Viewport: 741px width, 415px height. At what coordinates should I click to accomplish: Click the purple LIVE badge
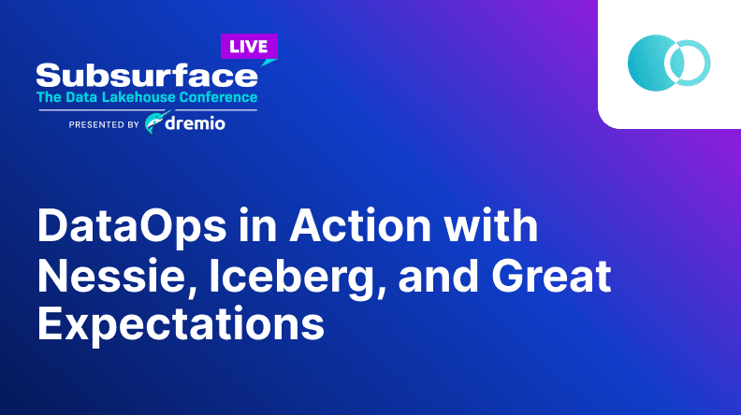point(249,47)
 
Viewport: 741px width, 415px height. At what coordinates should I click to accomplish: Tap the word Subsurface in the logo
point(147,76)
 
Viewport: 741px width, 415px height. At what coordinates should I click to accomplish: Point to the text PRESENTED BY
point(104,124)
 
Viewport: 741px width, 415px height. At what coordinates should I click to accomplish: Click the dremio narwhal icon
point(156,122)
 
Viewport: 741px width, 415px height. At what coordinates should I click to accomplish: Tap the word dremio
point(196,123)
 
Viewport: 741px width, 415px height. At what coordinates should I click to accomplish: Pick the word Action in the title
point(360,225)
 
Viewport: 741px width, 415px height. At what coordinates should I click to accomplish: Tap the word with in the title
point(490,225)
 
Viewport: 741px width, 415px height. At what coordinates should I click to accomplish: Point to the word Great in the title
point(551,276)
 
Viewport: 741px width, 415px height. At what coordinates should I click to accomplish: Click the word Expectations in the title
point(181,324)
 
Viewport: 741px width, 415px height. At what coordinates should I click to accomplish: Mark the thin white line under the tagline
point(148,110)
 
